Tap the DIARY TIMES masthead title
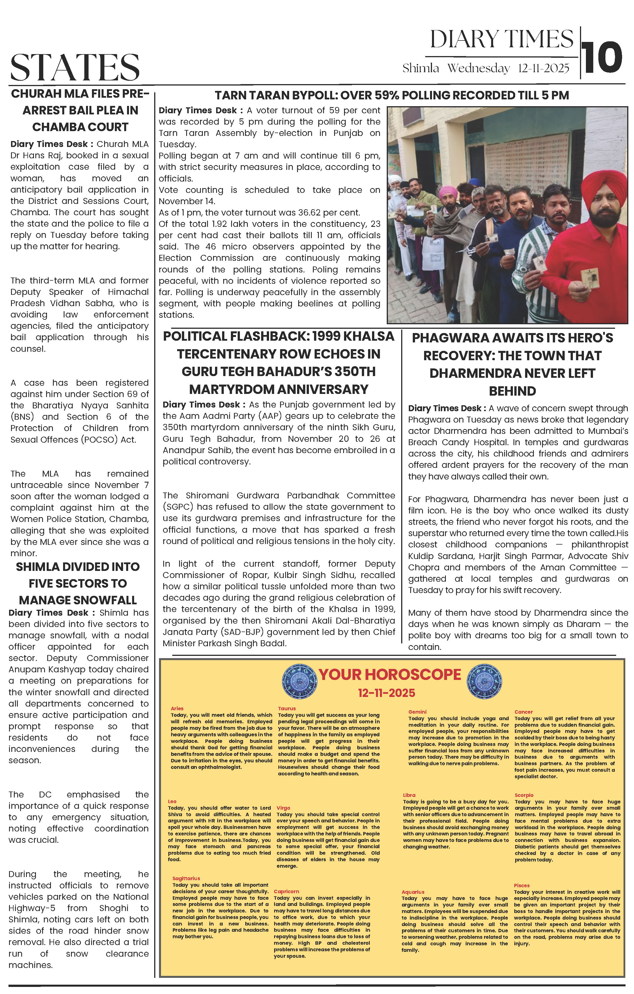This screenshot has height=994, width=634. (x=502, y=40)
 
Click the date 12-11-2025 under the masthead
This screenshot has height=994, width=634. (x=543, y=68)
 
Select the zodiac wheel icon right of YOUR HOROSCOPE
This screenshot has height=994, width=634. (x=484, y=681)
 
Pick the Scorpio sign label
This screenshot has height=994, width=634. (x=524, y=795)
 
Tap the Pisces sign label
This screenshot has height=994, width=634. (x=521, y=886)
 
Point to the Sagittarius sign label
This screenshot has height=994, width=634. (x=186, y=878)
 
